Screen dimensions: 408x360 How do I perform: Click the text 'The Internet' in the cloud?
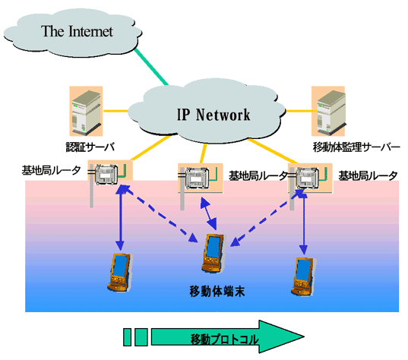coord(77,31)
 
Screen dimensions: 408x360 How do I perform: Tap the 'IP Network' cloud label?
coord(213,115)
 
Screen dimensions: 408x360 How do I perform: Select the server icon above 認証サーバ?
coord(86,111)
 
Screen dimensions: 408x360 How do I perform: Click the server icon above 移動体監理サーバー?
coord(328,111)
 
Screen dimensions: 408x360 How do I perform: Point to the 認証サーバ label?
coord(90,147)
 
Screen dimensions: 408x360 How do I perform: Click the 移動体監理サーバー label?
coord(356,147)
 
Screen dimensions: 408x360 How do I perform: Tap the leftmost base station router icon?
coord(106,174)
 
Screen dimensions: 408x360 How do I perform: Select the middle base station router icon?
coord(197,178)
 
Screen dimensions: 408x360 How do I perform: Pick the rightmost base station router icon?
coord(307,178)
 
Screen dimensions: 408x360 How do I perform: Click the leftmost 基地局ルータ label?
coord(51,171)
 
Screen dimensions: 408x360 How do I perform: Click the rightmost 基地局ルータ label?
coord(368,176)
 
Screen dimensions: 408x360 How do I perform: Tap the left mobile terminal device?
coord(120,273)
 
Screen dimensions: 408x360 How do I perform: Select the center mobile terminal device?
coord(213,254)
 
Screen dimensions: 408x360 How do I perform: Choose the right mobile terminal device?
coord(304,276)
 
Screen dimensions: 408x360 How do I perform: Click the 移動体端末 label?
coord(217,291)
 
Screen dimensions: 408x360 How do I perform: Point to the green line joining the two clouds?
coord(151,67)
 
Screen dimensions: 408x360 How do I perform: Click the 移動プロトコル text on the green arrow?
coord(225,339)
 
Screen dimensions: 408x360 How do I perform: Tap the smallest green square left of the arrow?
coord(127,337)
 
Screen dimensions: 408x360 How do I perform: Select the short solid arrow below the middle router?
coord(208,213)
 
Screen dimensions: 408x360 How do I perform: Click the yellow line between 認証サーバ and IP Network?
coord(116,111)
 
